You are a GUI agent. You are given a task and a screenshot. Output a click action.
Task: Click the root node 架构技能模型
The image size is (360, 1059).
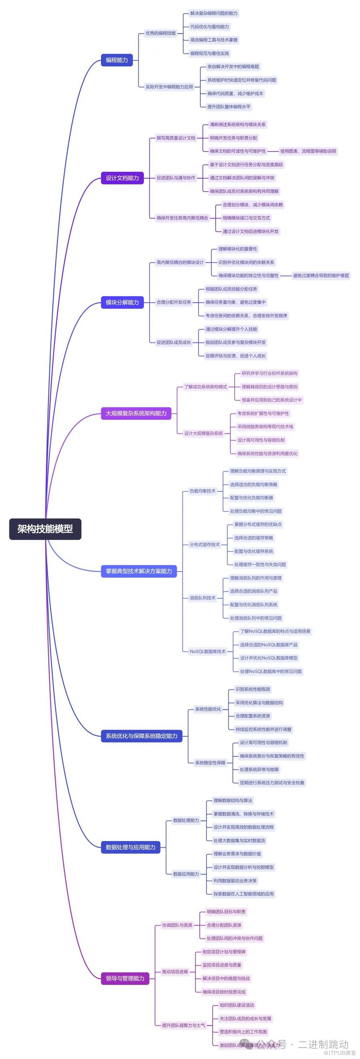click(x=45, y=529)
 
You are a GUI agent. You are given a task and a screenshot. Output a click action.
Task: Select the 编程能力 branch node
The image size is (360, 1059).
click(x=117, y=60)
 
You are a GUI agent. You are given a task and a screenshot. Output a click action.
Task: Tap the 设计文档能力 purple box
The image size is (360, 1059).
click(x=122, y=178)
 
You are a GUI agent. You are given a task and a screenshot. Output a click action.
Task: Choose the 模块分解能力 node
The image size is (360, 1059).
click(x=122, y=302)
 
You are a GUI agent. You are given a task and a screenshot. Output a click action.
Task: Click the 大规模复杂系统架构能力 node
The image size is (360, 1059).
click(x=136, y=413)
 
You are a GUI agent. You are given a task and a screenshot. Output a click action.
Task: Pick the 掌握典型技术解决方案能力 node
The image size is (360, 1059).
click(x=138, y=571)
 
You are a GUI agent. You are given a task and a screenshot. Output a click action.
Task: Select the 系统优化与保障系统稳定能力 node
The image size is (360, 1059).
click(x=141, y=736)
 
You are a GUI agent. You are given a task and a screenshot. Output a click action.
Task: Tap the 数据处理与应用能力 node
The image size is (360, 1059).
click(x=130, y=847)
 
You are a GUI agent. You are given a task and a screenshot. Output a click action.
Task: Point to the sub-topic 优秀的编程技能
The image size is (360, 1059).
click(x=160, y=33)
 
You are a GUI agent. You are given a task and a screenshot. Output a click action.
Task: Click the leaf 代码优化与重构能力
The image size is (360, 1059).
click(x=209, y=27)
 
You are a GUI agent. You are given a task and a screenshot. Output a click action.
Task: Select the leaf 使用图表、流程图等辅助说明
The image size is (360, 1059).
click(x=308, y=151)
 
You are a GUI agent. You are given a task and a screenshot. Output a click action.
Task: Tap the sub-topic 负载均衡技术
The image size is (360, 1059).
click(x=202, y=491)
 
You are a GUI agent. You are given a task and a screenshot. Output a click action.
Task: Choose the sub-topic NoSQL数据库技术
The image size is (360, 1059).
click(x=207, y=651)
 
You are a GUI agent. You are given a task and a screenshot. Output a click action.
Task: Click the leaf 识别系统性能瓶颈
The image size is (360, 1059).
click(x=252, y=689)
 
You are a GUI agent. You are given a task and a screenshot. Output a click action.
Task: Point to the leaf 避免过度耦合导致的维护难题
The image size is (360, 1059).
click(x=320, y=275)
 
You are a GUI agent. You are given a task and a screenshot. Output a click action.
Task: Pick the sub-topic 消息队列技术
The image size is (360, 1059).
click(x=202, y=598)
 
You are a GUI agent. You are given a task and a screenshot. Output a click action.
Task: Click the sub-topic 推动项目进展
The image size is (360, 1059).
click(x=175, y=972)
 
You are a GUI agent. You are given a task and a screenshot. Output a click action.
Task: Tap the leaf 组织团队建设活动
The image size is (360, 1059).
click(x=237, y=1005)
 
